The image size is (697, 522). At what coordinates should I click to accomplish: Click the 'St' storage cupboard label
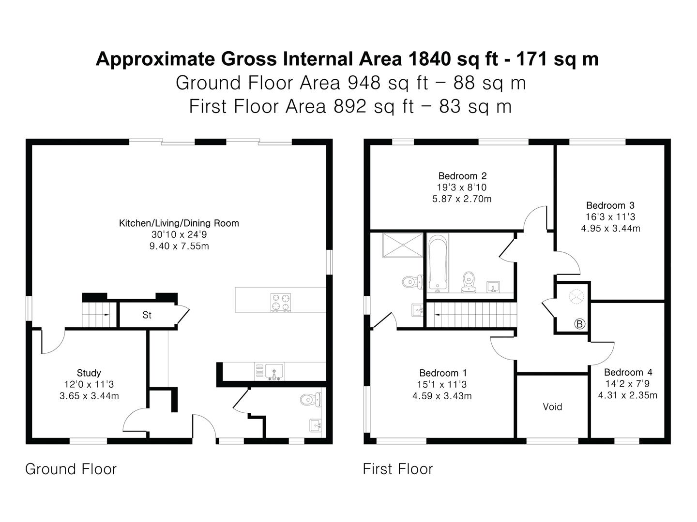click(x=147, y=315)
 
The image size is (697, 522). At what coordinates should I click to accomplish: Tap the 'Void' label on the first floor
click(x=552, y=406)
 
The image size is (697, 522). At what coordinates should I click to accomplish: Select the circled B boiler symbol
click(x=579, y=324)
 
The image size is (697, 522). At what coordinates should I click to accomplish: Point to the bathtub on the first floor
click(x=438, y=263)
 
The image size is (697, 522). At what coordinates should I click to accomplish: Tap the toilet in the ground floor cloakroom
click(x=310, y=399)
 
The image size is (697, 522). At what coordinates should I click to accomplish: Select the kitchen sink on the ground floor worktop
click(x=274, y=372)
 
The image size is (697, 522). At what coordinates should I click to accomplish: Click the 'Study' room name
click(x=89, y=373)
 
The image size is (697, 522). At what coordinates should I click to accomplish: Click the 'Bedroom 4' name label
click(x=628, y=372)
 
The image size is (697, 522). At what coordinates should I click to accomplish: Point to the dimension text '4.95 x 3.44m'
click(x=610, y=228)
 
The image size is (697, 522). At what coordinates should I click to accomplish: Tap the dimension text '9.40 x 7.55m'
click(x=179, y=246)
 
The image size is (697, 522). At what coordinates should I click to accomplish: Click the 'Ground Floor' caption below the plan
click(x=71, y=469)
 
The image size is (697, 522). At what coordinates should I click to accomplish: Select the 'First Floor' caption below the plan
click(x=398, y=469)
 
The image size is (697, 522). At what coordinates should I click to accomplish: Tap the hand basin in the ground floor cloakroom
click(x=316, y=425)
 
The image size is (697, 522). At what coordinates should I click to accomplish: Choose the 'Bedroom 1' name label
click(x=443, y=373)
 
